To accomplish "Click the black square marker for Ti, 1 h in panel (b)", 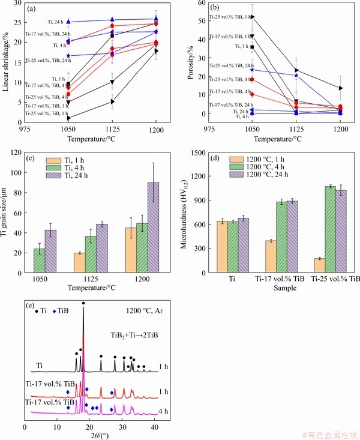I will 252,47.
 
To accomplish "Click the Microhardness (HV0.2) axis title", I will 188,211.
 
